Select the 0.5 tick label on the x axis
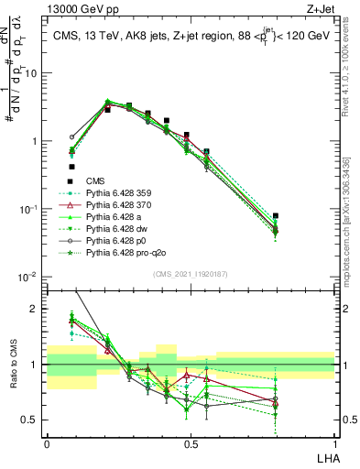coord(191,443)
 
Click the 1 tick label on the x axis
coord(335,443)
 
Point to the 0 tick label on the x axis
coord(47,443)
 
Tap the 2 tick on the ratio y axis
coord(37,309)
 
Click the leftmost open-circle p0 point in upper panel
coord(72,136)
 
